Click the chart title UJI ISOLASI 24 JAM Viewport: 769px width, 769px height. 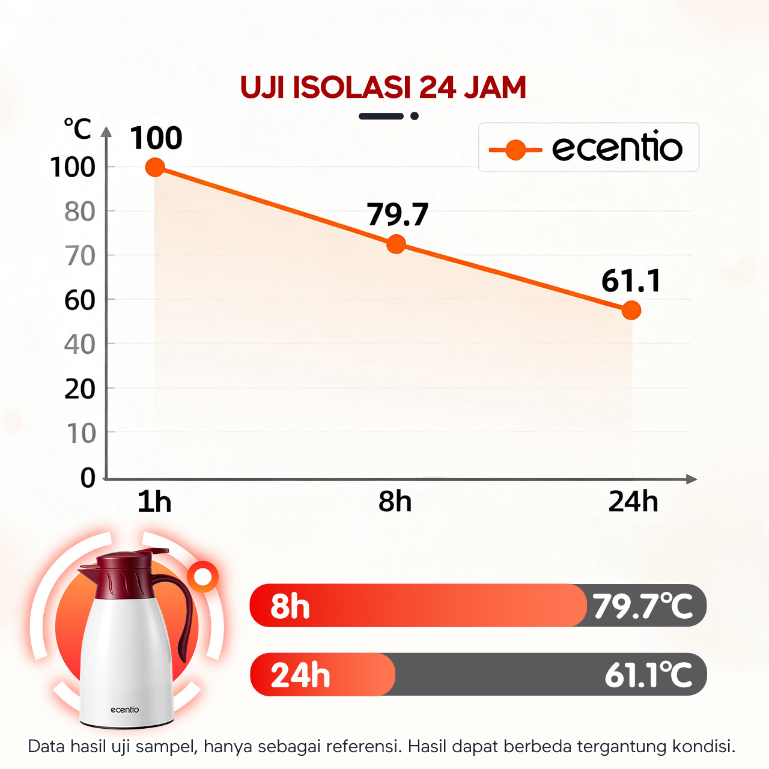click(383, 88)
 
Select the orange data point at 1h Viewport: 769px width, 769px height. click(155, 168)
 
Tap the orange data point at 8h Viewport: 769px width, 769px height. click(396, 244)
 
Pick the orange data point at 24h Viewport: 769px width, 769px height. click(631, 310)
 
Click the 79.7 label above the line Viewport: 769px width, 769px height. click(397, 214)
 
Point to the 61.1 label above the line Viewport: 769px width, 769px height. click(631, 281)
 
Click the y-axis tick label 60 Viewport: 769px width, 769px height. click(80, 300)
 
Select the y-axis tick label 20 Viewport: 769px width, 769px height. click(80, 390)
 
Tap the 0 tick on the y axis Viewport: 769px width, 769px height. click(88, 478)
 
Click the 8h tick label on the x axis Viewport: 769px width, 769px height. click(395, 501)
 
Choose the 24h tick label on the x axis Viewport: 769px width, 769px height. click(633, 501)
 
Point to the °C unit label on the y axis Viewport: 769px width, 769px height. click(78, 129)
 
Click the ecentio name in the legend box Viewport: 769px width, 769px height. click(617, 148)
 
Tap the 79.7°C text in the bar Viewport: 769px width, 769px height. click(642, 606)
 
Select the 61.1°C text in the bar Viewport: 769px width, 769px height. click(648, 675)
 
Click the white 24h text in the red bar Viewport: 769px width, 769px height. click(300, 675)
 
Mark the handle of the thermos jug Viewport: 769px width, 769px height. click(183, 613)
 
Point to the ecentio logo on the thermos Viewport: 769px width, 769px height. click(124, 710)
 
